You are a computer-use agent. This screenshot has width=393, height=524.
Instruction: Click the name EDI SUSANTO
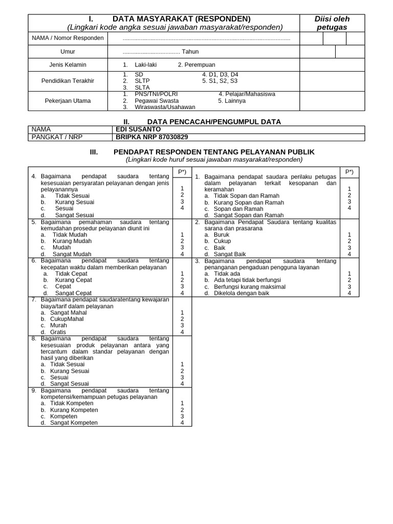click(x=138, y=129)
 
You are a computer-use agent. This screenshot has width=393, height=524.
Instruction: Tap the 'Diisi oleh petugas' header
click(x=332, y=23)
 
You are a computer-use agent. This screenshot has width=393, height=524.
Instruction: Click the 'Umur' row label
click(x=68, y=52)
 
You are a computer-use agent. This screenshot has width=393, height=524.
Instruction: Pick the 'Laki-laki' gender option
click(x=145, y=65)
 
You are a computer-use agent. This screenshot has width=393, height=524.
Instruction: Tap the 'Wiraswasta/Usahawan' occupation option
click(x=165, y=107)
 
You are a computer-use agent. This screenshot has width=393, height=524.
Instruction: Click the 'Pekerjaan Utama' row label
click(x=68, y=101)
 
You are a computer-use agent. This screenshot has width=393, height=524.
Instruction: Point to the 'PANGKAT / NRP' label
click(x=53, y=137)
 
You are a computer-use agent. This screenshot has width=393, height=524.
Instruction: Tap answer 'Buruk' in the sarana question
click(x=222, y=234)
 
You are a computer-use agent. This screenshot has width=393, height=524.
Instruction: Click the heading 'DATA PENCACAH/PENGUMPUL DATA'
click(x=206, y=122)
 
